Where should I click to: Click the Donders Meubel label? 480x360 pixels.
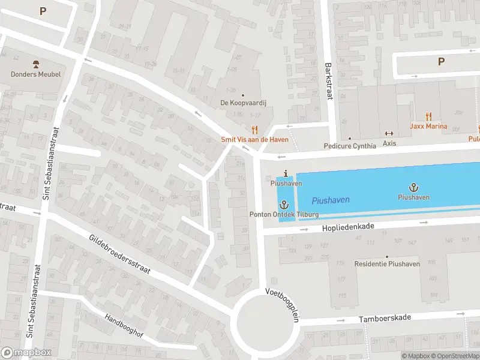(x=35, y=74)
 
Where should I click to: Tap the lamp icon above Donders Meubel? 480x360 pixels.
(x=35, y=64)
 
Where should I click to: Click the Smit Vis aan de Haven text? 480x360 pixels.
(x=254, y=139)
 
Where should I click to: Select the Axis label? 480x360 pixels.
(x=389, y=144)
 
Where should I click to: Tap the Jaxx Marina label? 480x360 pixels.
(x=428, y=126)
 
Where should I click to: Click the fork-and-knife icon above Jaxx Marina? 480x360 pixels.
(x=428, y=116)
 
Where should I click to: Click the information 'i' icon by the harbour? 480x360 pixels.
(x=286, y=173)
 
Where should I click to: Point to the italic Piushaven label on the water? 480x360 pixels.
(x=331, y=200)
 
